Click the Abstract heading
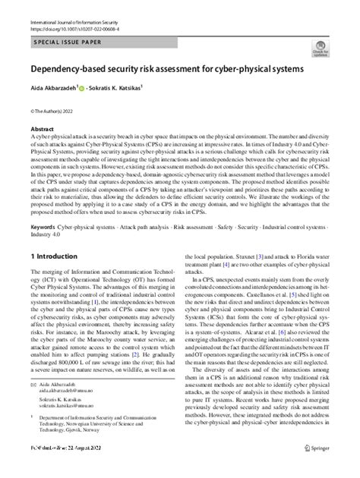[x=41, y=130]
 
